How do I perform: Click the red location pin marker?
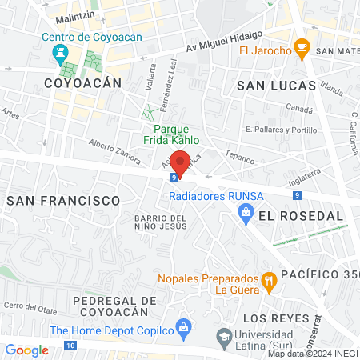(181, 162)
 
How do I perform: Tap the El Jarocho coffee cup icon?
(302, 48)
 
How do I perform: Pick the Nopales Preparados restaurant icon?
(269, 280)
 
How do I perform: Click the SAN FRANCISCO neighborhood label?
(63, 200)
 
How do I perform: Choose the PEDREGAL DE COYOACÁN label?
(78, 305)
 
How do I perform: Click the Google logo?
(26, 350)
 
